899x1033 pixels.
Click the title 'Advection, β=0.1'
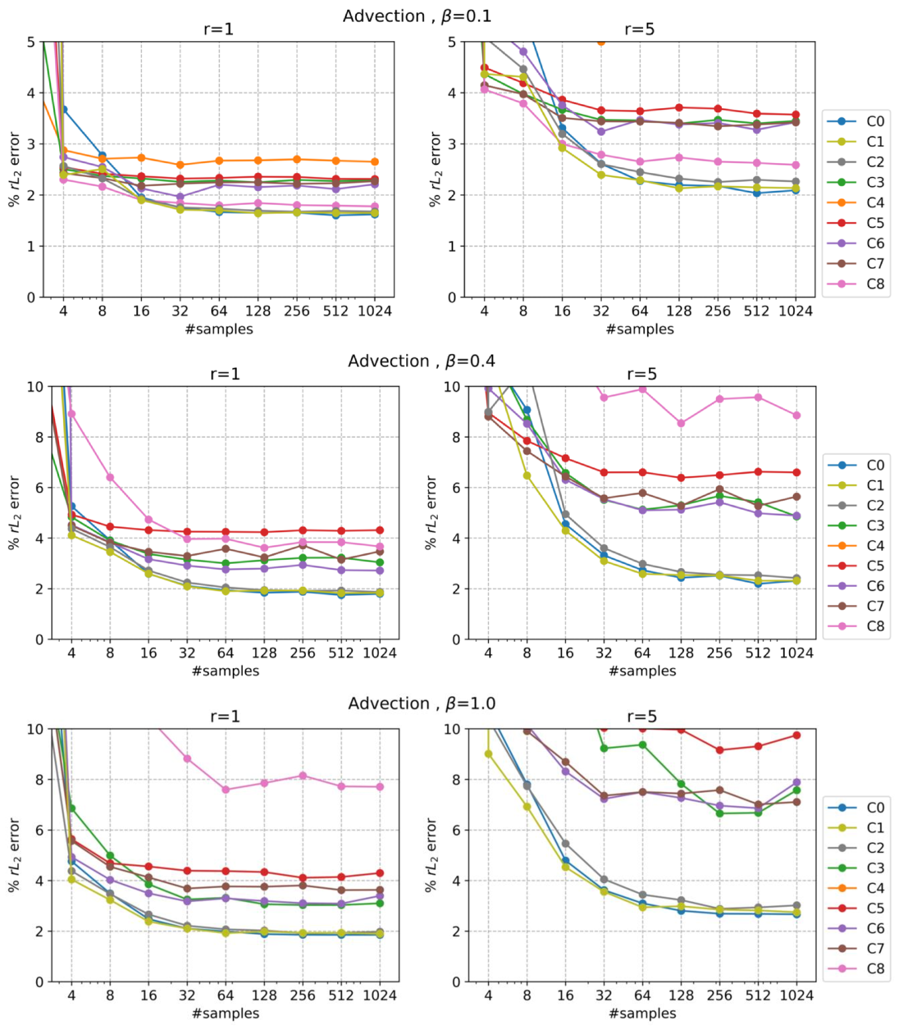click(417, 16)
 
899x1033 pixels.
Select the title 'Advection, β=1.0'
click(421, 703)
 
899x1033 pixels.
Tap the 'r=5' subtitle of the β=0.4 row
click(642, 374)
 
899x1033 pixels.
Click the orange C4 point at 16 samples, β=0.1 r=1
click(141, 158)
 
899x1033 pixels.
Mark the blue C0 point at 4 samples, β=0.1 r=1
click(63, 109)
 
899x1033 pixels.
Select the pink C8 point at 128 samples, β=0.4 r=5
click(681, 423)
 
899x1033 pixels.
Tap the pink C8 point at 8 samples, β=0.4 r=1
click(110, 477)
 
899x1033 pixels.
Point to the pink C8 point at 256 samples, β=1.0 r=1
click(302, 776)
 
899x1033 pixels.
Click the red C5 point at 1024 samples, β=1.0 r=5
click(797, 735)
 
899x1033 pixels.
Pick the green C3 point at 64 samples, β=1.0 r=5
click(642, 745)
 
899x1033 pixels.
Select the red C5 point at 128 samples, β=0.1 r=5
click(679, 107)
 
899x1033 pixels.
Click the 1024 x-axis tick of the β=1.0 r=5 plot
click(797, 996)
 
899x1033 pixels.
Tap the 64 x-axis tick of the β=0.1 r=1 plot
click(219, 311)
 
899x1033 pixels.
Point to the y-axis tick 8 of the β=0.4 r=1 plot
click(39, 437)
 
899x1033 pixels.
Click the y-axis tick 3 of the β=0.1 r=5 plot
click(452, 144)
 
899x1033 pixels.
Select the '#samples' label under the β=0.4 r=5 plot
click(642, 671)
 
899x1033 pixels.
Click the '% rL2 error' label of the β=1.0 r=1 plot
click(14, 856)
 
